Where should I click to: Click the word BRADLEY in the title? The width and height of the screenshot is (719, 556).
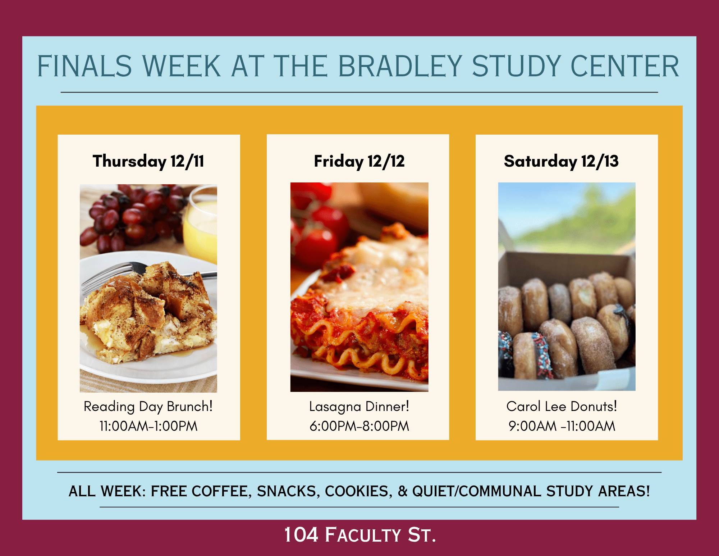(x=400, y=66)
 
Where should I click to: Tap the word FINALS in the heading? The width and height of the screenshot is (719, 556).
(x=84, y=66)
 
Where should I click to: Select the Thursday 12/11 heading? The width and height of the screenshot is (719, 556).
(x=148, y=161)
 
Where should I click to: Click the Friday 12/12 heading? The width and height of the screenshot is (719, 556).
(x=359, y=161)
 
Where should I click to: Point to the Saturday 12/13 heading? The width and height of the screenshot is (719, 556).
(x=561, y=161)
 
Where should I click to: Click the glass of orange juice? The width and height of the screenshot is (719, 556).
(x=200, y=225)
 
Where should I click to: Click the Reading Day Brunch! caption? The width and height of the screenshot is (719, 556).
(x=148, y=407)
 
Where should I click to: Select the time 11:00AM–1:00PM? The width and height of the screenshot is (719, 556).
(x=148, y=426)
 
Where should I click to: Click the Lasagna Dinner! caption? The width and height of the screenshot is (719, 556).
(x=359, y=407)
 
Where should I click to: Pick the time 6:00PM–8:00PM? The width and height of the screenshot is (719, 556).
(x=359, y=426)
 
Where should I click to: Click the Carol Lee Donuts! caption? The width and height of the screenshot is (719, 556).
(x=562, y=406)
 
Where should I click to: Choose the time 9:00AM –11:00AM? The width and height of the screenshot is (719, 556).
(x=562, y=426)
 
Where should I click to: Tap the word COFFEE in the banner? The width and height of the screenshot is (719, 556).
(x=219, y=491)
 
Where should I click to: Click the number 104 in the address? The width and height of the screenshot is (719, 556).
(x=301, y=535)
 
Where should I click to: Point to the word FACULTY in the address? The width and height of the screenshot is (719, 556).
(x=363, y=535)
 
